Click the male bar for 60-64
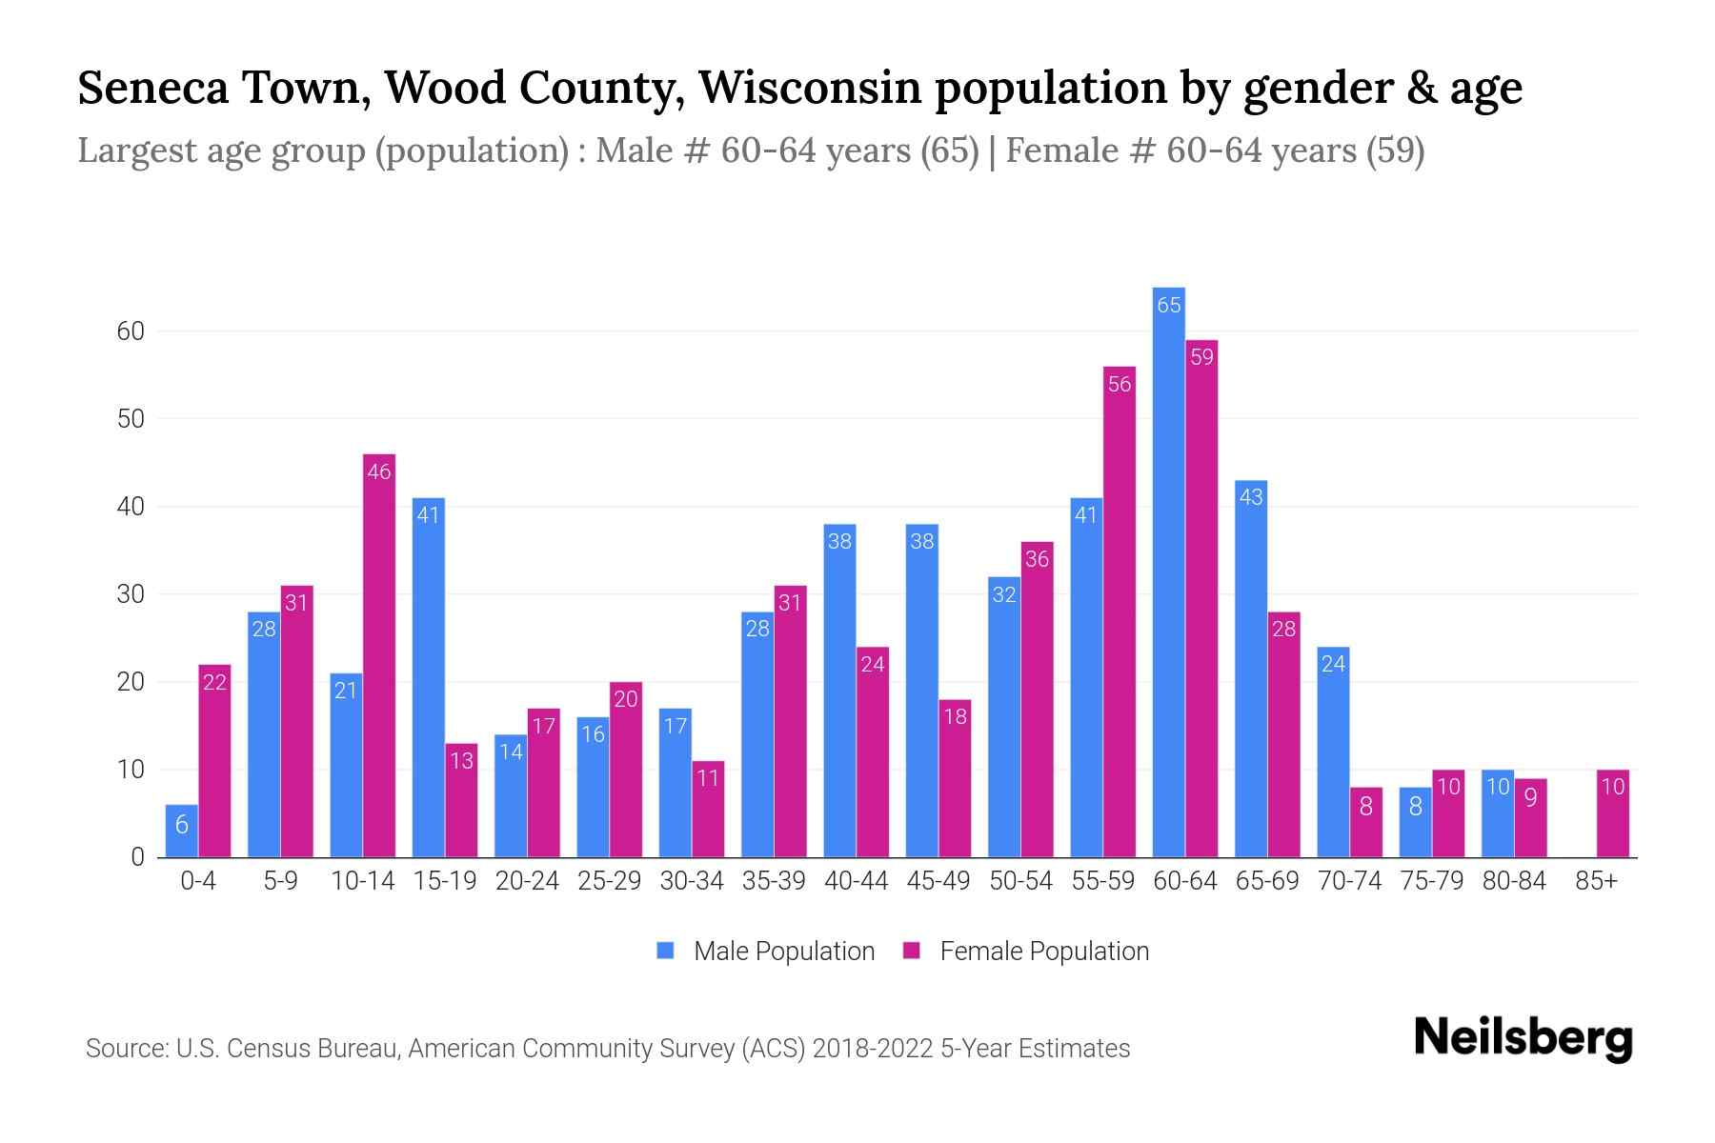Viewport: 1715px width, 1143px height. (1168, 571)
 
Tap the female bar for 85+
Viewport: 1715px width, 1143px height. (1613, 813)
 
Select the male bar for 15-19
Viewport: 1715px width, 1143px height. (429, 676)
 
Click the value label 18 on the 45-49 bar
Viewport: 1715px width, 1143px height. (955, 716)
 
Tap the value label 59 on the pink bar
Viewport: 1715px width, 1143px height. (1202, 357)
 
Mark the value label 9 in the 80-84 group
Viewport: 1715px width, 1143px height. (1530, 798)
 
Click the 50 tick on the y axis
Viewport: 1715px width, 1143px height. (131, 419)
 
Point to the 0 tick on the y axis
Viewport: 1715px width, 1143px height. (137, 857)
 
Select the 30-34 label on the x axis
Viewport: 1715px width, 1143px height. (692, 881)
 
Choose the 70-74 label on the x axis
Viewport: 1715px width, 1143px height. (1349, 881)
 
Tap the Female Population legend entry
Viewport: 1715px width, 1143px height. (1026, 951)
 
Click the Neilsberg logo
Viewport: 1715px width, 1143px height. (1523, 1037)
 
